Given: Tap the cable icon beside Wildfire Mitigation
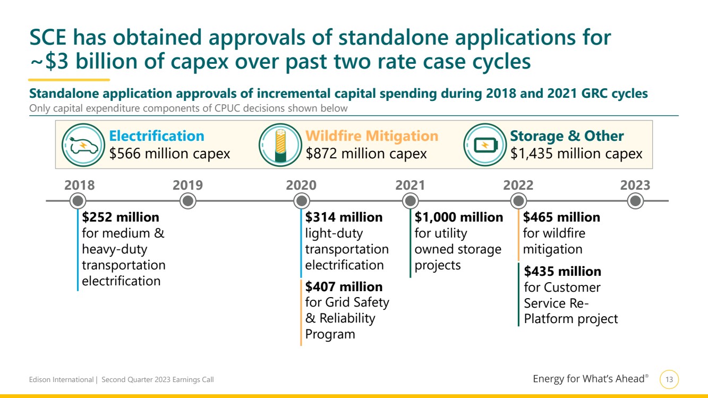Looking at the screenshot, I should [x=280, y=145].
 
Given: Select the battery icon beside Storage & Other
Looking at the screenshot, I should [x=485, y=145].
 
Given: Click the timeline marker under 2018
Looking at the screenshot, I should [x=78, y=201].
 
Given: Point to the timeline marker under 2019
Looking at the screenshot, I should [x=187, y=201].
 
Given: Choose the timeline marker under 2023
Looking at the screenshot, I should [x=635, y=201].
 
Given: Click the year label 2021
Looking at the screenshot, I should [x=410, y=185].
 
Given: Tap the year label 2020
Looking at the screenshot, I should [x=301, y=185].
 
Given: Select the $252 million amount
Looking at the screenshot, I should [x=121, y=217].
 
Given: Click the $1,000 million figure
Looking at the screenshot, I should [x=459, y=217].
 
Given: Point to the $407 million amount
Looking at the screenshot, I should [x=344, y=287].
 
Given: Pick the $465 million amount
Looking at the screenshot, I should [x=561, y=217].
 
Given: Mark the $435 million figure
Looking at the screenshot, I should [x=562, y=272].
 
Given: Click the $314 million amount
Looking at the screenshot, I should [x=344, y=217].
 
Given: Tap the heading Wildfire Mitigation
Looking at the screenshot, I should [x=372, y=136].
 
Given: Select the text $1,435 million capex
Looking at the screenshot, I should [x=576, y=154].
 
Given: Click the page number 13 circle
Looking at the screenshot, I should [x=669, y=379].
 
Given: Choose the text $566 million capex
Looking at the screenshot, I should [x=169, y=154].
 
